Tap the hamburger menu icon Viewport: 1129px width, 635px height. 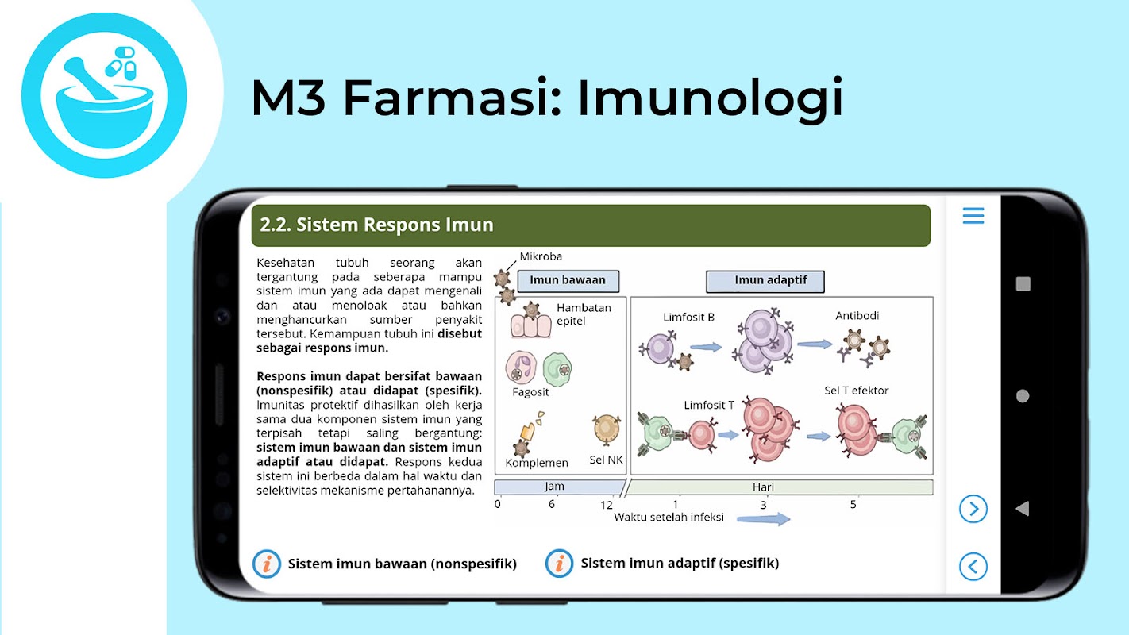pyautogui.click(x=973, y=216)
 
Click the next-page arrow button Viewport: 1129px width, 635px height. pyautogui.click(x=973, y=509)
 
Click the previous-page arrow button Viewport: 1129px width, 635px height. pyautogui.click(x=973, y=567)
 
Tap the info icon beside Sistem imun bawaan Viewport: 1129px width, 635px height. pyautogui.click(x=267, y=564)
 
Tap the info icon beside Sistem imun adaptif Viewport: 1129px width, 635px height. pyautogui.click(x=559, y=563)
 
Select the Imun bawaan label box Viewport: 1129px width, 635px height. pyautogui.click(x=568, y=281)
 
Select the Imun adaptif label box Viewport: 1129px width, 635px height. pyautogui.click(x=765, y=281)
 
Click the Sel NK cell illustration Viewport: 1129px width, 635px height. pyautogui.click(x=607, y=429)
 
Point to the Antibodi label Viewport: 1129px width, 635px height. pyautogui.click(x=857, y=316)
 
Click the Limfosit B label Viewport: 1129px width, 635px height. pyautogui.click(x=688, y=317)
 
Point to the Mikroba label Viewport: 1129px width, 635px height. pyautogui.click(x=541, y=256)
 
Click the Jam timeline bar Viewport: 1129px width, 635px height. pyautogui.click(x=559, y=487)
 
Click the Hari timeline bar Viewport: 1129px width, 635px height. pyautogui.click(x=779, y=487)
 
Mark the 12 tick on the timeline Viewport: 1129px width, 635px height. pyautogui.click(x=607, y=505)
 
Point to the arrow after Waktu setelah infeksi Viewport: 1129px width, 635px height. pyautogui.click(x=763, y=519)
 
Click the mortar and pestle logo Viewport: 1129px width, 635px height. pyautogui.click(x=104, y=96)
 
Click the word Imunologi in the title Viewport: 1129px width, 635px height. pyautogui.click(x=710, y=98)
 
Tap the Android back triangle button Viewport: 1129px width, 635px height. pyautogui.click(x=1022, y=509)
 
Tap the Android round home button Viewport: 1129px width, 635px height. pyautogui.click(x=1023, y=396)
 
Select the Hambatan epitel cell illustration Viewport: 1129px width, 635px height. pyautogui.click(x=530, y=321)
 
